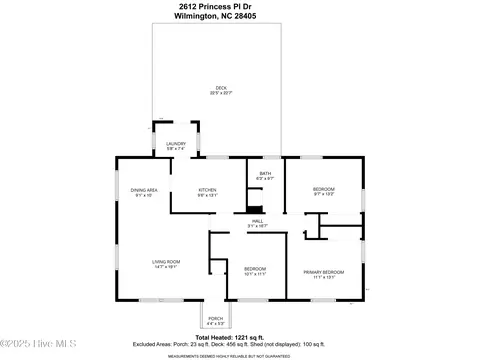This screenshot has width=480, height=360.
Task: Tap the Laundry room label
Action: [175, 144]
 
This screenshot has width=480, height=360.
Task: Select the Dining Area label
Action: [145, 189]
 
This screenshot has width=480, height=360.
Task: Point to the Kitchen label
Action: [207, 189]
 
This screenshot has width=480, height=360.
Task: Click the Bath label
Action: [265, 173]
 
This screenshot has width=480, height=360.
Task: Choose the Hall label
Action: [257, 220]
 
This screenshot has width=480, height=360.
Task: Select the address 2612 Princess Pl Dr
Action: [240, 7]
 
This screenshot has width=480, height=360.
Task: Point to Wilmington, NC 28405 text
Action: [240, 16]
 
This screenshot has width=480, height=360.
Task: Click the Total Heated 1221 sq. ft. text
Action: [240, 336]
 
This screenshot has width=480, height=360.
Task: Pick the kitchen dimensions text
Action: [207, 195]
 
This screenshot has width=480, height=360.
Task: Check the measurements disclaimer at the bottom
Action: [240, 354]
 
